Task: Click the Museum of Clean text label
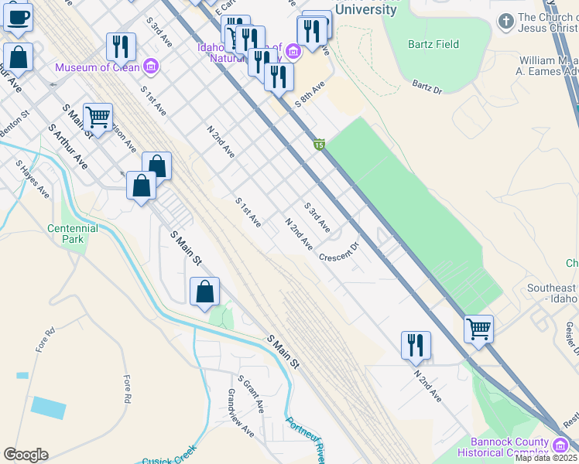coord(97,67)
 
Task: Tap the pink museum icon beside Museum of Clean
coord(150,67)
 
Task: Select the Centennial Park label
coord(73,234)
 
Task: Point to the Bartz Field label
coord(433,44)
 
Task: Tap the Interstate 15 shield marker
coord(319,145)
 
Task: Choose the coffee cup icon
coord(18,15)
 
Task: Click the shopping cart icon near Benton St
coord(98,118)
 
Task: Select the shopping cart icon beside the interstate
coord(478,328)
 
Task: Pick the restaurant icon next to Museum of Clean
coord(121,46)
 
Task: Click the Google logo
coord(26,455)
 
